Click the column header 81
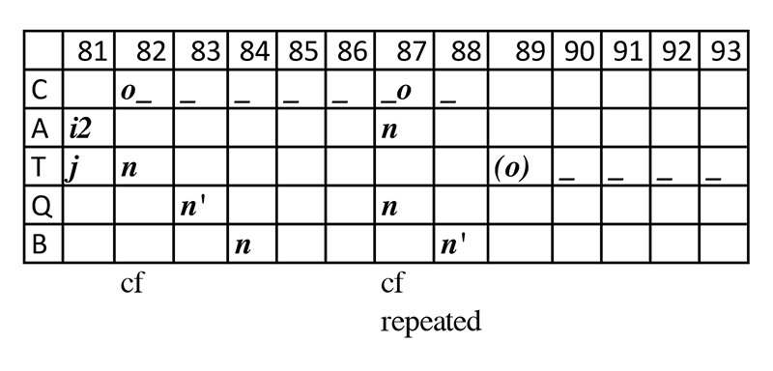point(93,51)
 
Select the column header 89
point(530,51)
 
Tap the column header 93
point(727,51)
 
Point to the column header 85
point(303,51)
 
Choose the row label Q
point(41,207)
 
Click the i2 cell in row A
point(79,130)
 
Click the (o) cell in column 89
point(511,168)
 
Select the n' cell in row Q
point(193,208)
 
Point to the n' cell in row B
point(453,245)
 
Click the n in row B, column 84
point(243,245)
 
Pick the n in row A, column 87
point(389,131)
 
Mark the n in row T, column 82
point(129,169)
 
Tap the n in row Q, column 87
point(389,208)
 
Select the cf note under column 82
point(131,284)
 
